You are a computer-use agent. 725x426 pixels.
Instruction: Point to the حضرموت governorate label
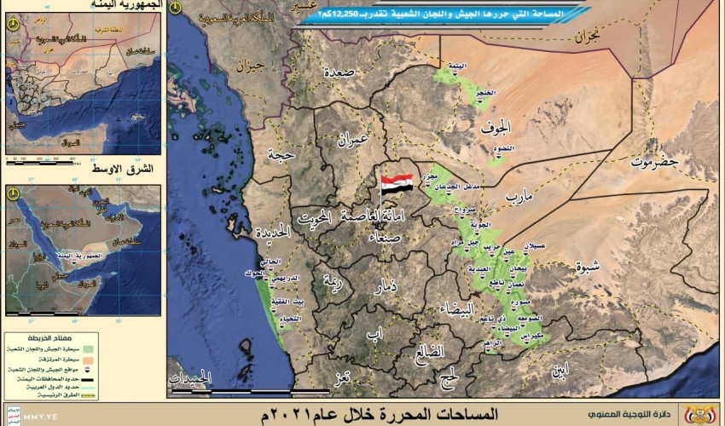654,160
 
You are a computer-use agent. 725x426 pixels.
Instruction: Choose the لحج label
448,376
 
